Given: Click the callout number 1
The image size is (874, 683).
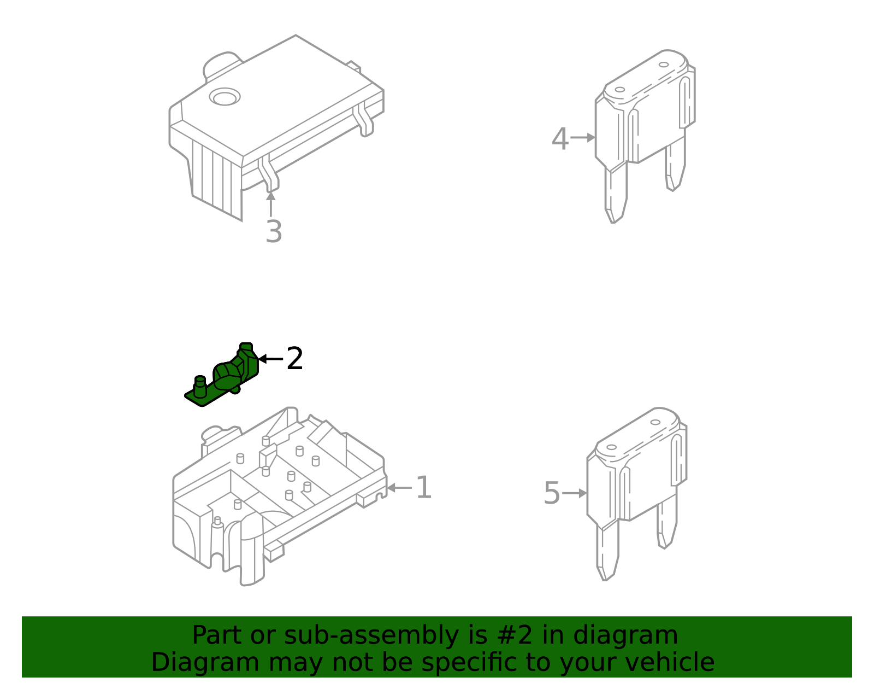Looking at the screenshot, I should (423, 488).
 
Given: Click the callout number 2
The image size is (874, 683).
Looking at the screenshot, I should (294, 359).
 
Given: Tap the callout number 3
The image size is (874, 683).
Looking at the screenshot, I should (274, 232).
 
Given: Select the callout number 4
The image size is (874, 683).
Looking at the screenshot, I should (560, 139).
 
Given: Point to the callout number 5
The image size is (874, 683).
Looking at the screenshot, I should (552, 494).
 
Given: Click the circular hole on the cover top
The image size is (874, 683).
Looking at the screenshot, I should (225, 97).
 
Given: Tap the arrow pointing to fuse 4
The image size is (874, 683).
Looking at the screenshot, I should (583, 138).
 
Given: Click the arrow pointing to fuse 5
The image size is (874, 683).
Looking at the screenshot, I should (575, 493).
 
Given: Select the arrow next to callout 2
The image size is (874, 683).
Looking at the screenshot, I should (270, 359).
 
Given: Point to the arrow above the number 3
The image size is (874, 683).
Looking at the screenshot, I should (270, 202).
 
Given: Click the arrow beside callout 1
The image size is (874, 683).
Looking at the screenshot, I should (399, 488).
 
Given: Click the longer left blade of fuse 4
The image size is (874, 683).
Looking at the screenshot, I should (616, 194).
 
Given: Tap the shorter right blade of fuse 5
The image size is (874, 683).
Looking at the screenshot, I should (667, 522).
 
